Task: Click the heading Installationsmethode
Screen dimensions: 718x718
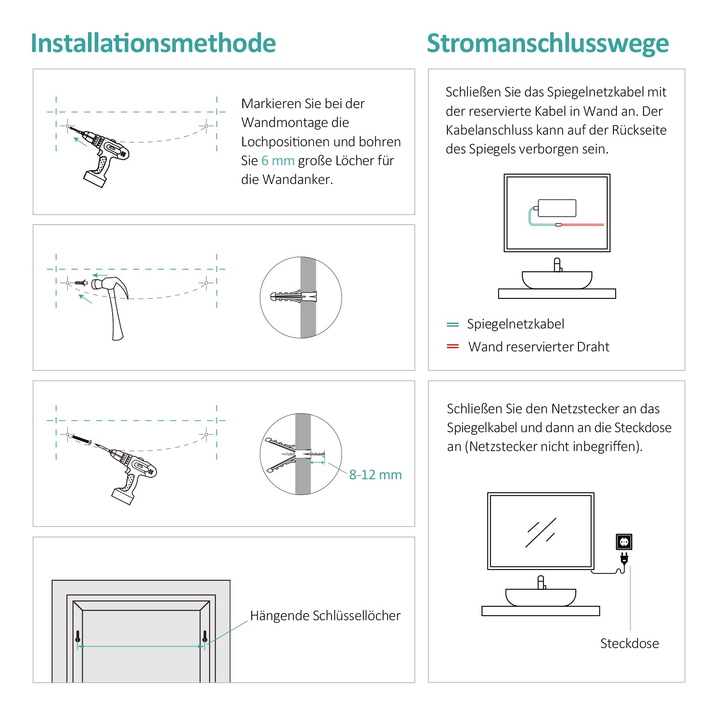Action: point(153,44)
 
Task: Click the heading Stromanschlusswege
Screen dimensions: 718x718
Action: point(547,44)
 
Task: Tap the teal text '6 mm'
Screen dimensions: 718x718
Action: point(278,161)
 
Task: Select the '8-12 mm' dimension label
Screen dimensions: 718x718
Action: point(375,475)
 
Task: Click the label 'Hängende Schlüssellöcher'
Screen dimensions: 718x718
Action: point(325,616)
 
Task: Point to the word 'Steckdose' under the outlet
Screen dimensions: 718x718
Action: point(629,644)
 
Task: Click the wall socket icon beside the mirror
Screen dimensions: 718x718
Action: point(624,542)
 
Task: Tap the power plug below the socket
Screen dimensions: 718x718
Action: point(624,558)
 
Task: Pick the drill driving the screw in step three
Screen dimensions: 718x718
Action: point(132,471)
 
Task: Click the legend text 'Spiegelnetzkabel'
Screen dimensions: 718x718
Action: point(515,324)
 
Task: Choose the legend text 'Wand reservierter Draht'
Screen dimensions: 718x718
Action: point(538,347)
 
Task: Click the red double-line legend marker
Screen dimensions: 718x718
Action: point(453,346)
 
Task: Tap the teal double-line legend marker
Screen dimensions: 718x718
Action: point(453,324)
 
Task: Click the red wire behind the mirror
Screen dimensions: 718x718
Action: point(582,224)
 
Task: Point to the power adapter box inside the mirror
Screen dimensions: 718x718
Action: point(557,208)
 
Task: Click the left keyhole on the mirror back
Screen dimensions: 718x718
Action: point(78,636)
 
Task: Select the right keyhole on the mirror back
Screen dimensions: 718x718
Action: point(205,636)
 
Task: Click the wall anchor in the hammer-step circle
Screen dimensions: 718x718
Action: point(294,297)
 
